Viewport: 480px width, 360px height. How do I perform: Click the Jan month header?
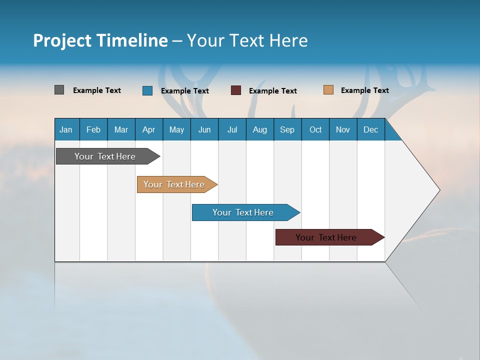point(66,129)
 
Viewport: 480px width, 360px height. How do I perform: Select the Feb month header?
point(93,129)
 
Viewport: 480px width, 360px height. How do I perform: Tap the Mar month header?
point(121,129)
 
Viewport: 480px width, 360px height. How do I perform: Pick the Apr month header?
point(148,129)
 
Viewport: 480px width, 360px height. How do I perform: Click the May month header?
point(176,129)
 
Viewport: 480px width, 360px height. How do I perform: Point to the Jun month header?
point(204,129)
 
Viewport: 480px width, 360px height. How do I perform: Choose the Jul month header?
point(232,129)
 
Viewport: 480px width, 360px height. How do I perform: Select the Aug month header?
point(259,129)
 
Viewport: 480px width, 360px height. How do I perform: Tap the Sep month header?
point(287,129)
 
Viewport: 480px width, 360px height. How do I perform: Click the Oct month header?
point(315,129)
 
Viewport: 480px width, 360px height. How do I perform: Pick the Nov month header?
point(343,129)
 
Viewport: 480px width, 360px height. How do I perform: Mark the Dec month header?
point(370,129)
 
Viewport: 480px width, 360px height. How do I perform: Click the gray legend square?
point(59,90)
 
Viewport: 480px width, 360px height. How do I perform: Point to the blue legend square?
point(147,90)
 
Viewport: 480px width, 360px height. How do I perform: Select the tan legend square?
point(328,90)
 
